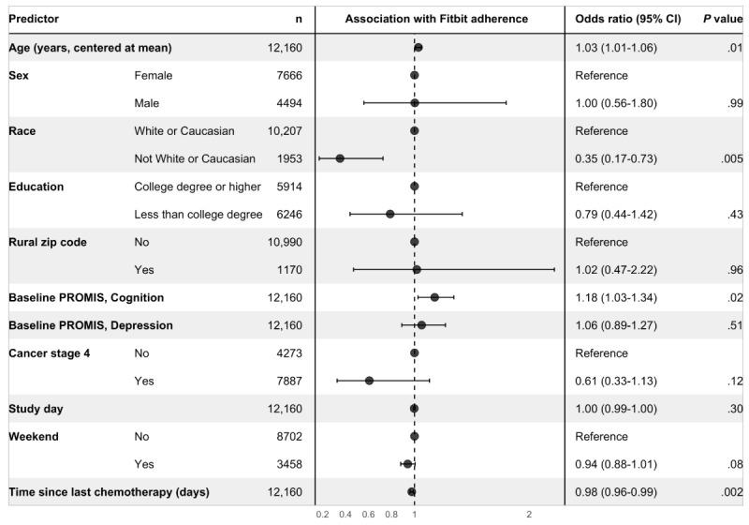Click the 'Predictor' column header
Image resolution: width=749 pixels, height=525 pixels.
tap(36, 19)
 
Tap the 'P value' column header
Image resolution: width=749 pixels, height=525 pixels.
tap(722, 19)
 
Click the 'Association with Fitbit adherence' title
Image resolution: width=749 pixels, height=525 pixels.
tap(436, 19)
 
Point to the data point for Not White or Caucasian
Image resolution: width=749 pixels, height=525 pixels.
tap(340, 158)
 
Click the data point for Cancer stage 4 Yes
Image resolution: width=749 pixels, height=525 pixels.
tap(369, 381)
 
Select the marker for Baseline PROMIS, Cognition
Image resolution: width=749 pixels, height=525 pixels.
tap(434, 297)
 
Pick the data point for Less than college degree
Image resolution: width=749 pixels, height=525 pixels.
tap(389, 215)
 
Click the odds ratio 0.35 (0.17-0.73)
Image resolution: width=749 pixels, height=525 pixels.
tap(619, 158)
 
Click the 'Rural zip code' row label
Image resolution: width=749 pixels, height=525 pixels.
tap(48, 242)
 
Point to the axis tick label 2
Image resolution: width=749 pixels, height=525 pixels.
tap(529, 514)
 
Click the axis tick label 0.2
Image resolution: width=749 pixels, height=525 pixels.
tap(322, 514)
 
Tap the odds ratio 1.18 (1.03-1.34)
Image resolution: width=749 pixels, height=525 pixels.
tap(619, 297)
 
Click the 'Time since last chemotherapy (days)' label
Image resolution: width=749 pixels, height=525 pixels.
tap(109, 492)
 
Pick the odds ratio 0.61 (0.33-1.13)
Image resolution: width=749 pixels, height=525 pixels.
tap(619, 381)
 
